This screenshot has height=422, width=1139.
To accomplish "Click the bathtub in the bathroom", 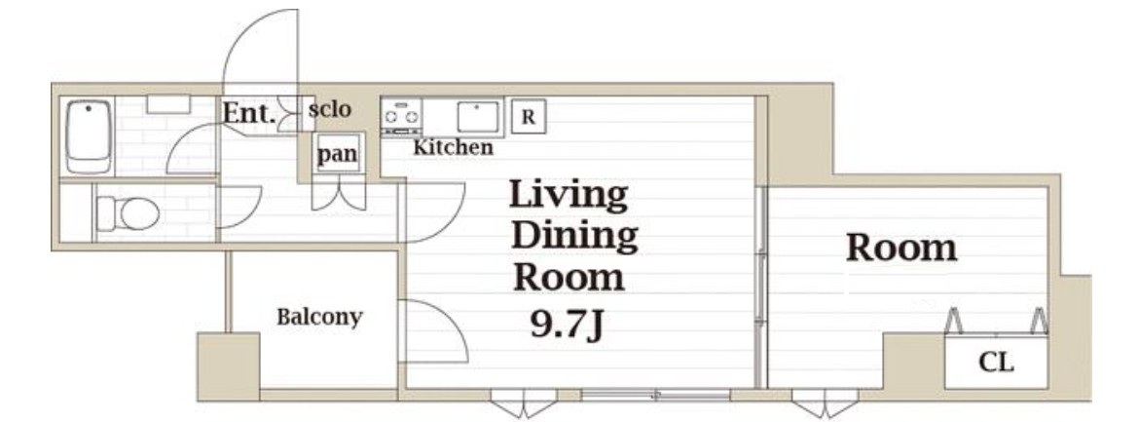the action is (x=89, y=136).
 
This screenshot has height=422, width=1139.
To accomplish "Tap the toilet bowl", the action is (x=129, y=213).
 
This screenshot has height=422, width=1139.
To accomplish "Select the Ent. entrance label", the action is (x=248, y=113).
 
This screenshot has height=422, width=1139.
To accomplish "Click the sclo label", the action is (x=329, y=110).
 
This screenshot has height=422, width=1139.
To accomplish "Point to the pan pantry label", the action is (x=338, y=154).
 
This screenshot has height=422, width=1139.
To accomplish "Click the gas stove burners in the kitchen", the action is (x=402, y=116).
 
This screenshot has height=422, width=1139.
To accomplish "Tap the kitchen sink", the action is (x=478, y=116).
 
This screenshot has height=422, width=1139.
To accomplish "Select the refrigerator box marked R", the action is (x=528, y=117).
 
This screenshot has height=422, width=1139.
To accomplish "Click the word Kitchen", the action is (x=454, y=148).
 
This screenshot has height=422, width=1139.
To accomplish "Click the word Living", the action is (x=568, y=195).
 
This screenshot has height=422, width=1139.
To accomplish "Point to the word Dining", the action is (x=574, y=237).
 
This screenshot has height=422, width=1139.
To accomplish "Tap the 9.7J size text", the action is (x=569, y=323).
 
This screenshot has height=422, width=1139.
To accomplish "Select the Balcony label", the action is (x=319, y=317).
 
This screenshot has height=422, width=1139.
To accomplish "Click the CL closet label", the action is (x=996, y=362).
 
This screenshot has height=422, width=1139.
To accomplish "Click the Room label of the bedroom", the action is (x=901, y=249).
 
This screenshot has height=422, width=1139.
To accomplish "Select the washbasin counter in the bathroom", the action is (x=167, y=105).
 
